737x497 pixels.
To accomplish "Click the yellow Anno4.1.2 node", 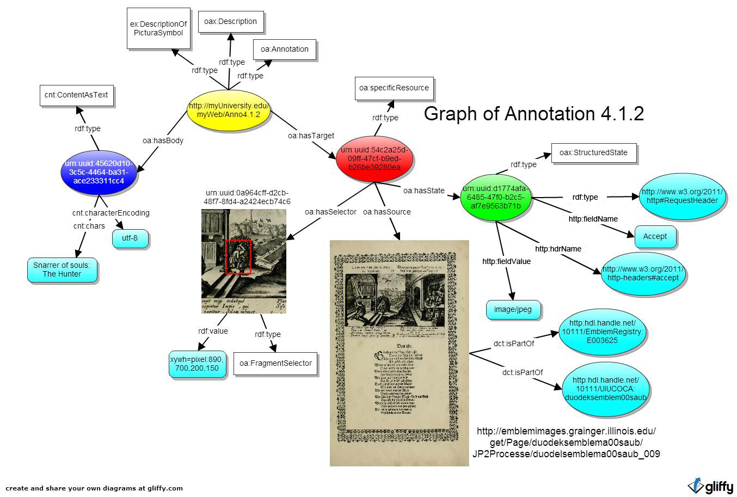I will pyautogui.click(x=229, y=110).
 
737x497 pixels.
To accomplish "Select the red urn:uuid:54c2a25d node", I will pyautogui.click(x=374, y=158).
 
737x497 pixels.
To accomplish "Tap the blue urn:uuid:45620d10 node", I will pyautogui.click(x=99, y=172).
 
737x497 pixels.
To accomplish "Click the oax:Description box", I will pyautogui.click(x=230, y=22).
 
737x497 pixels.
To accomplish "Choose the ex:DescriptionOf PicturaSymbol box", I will pyautogui.click(x=158, y=28).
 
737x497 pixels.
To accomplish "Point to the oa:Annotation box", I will pyautogui.click(x=284, y=49).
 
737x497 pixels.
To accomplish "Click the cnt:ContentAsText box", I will pyautogui.click(x=76, y=95).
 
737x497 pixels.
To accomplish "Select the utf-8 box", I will pyautogui.click(x=130, y=238).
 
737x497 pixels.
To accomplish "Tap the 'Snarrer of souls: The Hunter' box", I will pyautogui.click(x=62, y=269).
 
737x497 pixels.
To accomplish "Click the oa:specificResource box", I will pyautogui.click(x=394, y=88).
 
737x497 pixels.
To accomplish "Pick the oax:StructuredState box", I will pyautogui.click(x=593, y=153).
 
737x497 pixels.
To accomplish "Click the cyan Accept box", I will pyautogui.click(x=655, y=236).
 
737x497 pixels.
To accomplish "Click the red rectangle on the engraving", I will pyautogui.click(x=238, y=256).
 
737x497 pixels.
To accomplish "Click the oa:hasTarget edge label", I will pyautogui.click(x=311, y=136).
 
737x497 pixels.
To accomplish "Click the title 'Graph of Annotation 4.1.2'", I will pyautogui.click(x=533, y=113).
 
